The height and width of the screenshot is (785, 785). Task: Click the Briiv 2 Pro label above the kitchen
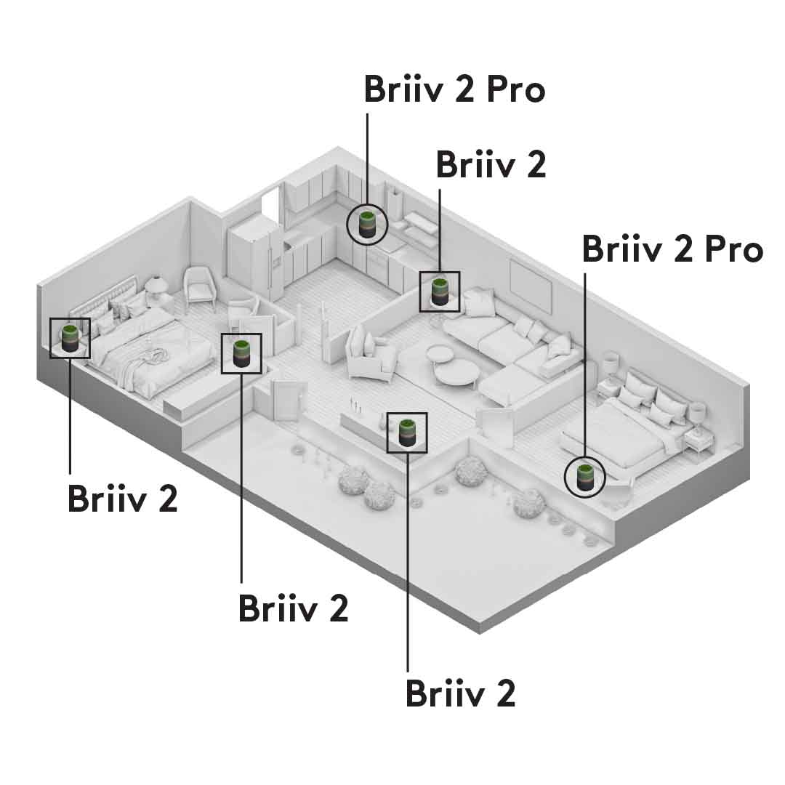(454, 89)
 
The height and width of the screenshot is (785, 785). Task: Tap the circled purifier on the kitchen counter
(367, 224)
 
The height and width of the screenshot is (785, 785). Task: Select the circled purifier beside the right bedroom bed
(584, 478)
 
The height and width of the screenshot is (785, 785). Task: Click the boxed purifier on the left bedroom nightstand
(70, 338)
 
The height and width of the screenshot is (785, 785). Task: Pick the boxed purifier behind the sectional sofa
(440, 291)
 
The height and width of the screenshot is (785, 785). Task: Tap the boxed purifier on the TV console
(407, 432)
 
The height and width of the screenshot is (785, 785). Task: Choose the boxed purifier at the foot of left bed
(241, 353)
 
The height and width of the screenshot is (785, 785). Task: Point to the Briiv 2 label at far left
(122, 499)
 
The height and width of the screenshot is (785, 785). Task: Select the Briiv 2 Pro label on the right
(672, 249)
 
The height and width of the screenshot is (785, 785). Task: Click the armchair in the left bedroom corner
(199, 286)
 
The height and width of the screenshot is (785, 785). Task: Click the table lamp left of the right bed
(611, 363)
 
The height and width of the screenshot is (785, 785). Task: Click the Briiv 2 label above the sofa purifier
(491, 165)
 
